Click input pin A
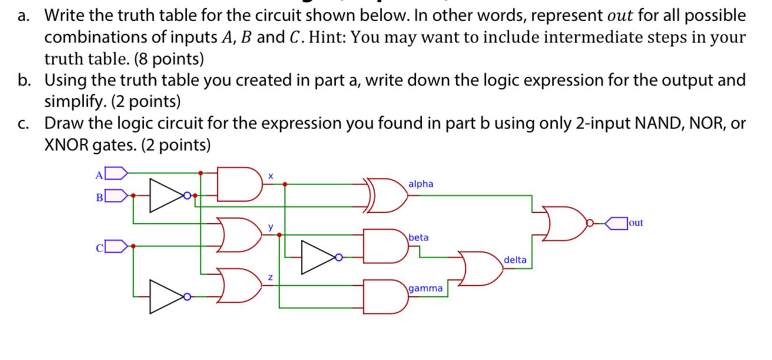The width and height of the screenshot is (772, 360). click(116, 173)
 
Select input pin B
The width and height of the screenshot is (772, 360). click(116, 194)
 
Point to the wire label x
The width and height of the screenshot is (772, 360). click(270, 176)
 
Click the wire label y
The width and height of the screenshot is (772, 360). click(271, 226)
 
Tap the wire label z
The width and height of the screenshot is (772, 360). click(270, 277)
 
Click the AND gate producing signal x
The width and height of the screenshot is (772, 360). click(239, 183)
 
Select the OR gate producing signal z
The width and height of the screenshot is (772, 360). click(239, 285)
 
